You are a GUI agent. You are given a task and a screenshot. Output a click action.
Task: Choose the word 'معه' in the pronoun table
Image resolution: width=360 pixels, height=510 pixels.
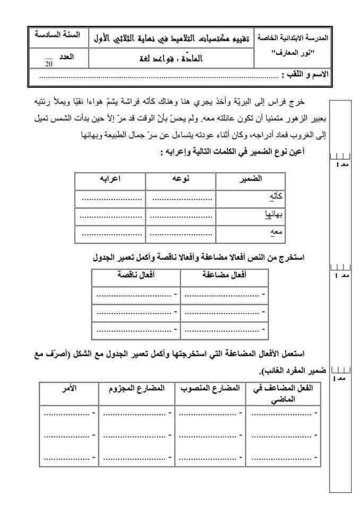click(x=277, y=234)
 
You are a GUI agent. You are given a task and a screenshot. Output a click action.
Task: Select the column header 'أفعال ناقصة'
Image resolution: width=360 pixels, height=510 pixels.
click(x=136, y=275)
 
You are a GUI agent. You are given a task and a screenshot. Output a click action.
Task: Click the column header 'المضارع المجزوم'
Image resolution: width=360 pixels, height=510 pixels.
click(x=136, y=389)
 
